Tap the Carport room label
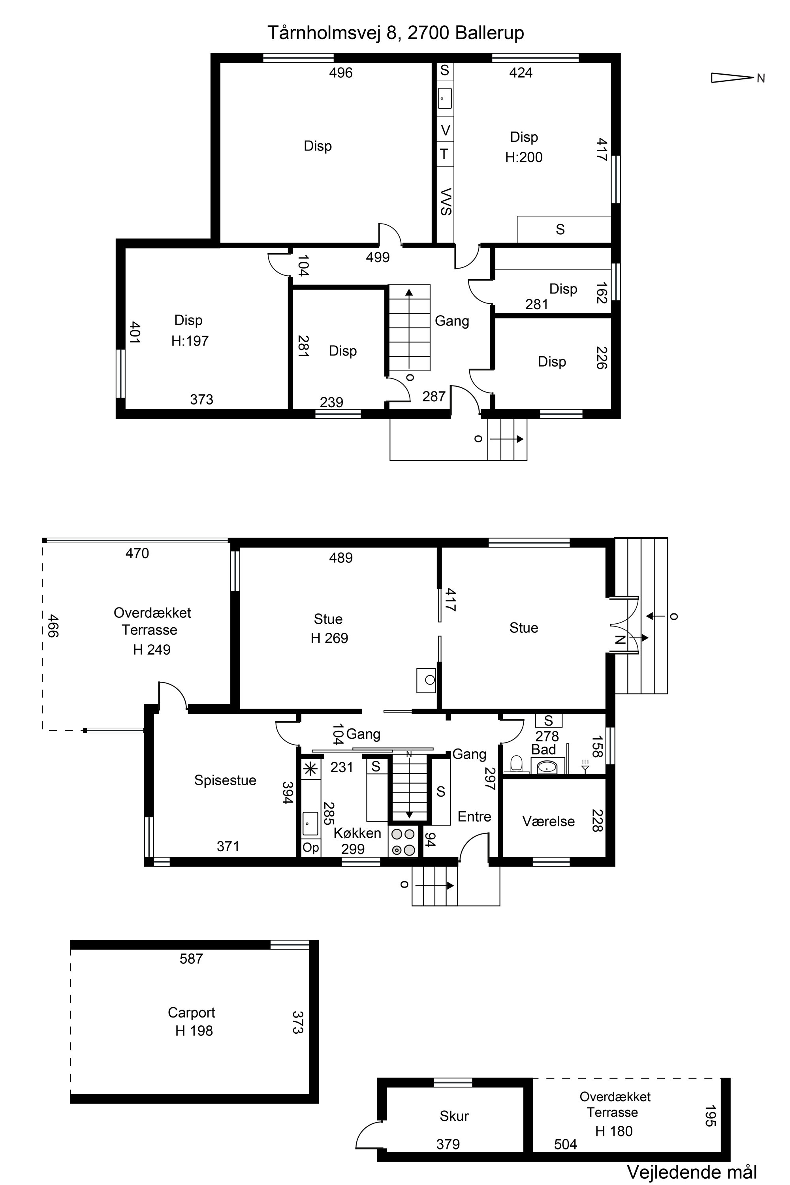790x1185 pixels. [192, 1013]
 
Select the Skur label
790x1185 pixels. [454, 1116]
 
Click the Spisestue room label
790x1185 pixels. [225, 780]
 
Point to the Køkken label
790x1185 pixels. [357, 833]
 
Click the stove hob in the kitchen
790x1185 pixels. [403, 842]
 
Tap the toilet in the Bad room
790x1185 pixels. [516, 764]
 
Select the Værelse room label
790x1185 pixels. [548, 821]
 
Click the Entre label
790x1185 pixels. [474, 816]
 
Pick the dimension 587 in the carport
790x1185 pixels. [192, 958]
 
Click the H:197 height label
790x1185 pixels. [190, 341]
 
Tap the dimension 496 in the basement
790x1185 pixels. [341, 73]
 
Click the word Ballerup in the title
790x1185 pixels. [490, 33]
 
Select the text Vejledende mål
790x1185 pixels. [692, 1172]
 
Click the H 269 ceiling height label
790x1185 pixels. [329, 638]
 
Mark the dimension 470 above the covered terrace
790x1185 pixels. [137, 553]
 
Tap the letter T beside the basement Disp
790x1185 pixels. [444, 154]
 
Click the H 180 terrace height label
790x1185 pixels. [614, 1132]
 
